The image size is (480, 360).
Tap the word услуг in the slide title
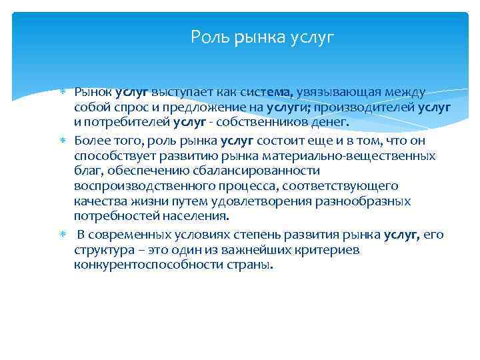[312, 36]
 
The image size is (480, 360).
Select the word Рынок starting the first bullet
[93, 92]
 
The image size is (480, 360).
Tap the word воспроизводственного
[131, 186]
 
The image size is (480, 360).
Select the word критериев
[327, 249]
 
